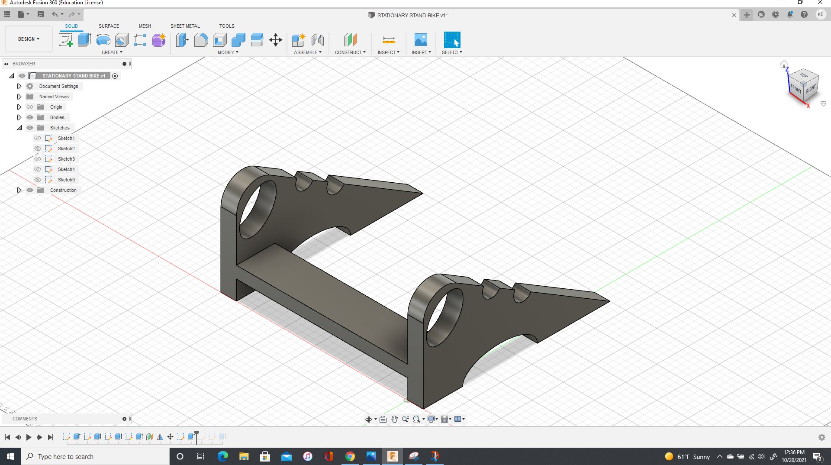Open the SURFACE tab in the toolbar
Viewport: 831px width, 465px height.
click(x=109, y=26)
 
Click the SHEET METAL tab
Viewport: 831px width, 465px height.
click(x=185, y=26)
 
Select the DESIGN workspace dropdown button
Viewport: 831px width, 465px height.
click(x=29, y=39)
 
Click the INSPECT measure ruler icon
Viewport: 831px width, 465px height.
click(x=389, y=40)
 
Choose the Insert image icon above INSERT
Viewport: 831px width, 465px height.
click(x=421, y=40)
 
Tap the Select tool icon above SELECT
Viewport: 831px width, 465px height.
click(x=452, y=40)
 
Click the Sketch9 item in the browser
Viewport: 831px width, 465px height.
click(x=66, y=180)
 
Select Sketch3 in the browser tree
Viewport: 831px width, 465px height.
click(x=66, y=159)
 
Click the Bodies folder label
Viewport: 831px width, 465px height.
click(x=57, y=117)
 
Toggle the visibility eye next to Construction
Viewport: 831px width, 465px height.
click(x=30, y=190)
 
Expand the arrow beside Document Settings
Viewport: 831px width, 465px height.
click(x=19, y=86)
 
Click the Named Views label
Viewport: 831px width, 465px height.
click(x=54, y=97)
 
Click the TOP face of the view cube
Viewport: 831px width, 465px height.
click(x=803, y=75)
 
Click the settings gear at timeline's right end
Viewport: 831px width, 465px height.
click(x=822, y=437)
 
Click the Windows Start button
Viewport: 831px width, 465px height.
click(x=10, y=456)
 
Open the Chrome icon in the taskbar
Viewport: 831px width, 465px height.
click(x=350, y=456)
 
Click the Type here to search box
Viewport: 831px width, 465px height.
click(x=95, y=456)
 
